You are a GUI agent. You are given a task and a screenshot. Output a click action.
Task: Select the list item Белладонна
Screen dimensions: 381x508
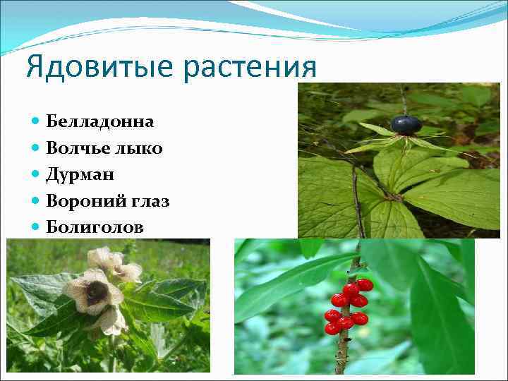99,121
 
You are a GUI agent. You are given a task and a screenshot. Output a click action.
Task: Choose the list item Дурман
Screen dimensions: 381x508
80,174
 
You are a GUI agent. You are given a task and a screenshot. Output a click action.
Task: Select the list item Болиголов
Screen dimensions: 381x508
94,227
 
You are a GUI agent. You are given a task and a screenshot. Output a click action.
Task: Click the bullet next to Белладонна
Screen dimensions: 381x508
36,121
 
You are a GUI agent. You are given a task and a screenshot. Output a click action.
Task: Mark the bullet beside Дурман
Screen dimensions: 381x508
36,174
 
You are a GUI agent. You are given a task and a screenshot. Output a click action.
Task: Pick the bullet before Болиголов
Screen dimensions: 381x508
36,227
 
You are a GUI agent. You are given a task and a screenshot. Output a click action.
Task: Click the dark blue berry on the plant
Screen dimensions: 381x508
406,125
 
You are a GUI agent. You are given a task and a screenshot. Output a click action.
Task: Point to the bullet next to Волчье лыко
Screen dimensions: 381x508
36,148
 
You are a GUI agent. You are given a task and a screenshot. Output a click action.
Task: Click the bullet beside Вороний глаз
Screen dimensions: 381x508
36,201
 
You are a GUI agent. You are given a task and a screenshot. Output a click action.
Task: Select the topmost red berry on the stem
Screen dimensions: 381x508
364,284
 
